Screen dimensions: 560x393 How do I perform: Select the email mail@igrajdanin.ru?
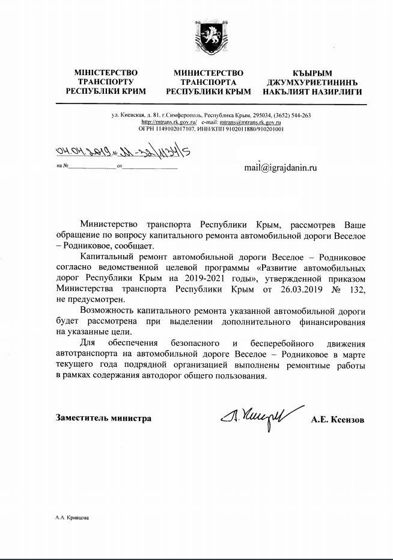[x=280, y=168]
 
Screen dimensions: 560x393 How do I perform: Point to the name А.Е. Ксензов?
[x=337, y=419]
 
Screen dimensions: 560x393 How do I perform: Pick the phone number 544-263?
[x=299, y=115]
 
